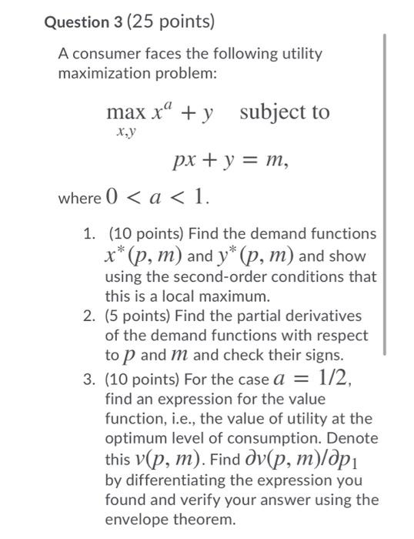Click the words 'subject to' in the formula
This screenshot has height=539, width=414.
pyautogui.click(x=284, y=112)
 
